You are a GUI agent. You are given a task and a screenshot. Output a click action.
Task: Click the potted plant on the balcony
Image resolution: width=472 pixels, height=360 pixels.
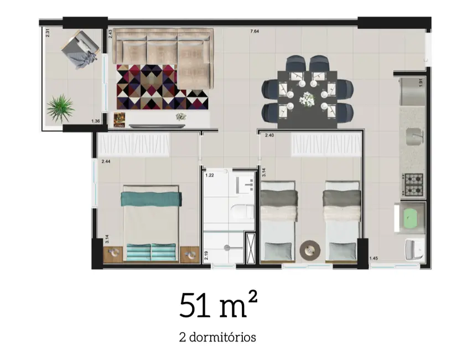pyautogui.click(x=60, y=107)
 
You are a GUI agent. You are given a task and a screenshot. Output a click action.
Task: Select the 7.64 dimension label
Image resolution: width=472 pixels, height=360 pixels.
pyautogui.click(x=255, y=32)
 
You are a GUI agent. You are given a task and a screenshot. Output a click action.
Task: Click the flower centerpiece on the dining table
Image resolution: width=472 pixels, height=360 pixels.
pyautogui.click(x=306, y=99)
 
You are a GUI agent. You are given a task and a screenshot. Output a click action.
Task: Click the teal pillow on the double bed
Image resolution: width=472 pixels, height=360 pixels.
pyautogui.click(x=152, y=198)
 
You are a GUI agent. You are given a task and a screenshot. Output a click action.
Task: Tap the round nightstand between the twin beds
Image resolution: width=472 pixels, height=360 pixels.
pyautogui.click(x=309, y=250)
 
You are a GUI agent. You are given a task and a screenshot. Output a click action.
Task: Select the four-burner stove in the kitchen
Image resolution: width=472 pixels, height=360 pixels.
pyautogui.click(x=412, y=185)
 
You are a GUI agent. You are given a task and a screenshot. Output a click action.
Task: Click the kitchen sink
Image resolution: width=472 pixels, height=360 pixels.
pyautogui.click(x=414, y=135)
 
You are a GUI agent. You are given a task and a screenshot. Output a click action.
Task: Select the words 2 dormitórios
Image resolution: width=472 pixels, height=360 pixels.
pyautogui.click(x=217, y=336)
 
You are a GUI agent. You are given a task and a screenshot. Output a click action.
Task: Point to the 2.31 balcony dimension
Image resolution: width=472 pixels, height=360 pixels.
pyautogui.click(x=48, y=33)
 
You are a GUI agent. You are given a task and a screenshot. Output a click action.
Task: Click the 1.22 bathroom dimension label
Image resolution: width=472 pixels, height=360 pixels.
pyautogui.click(x=210, y=176)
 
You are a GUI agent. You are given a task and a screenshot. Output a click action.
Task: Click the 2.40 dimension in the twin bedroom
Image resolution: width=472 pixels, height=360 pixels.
pyautogui.click(x=269, y=135)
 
